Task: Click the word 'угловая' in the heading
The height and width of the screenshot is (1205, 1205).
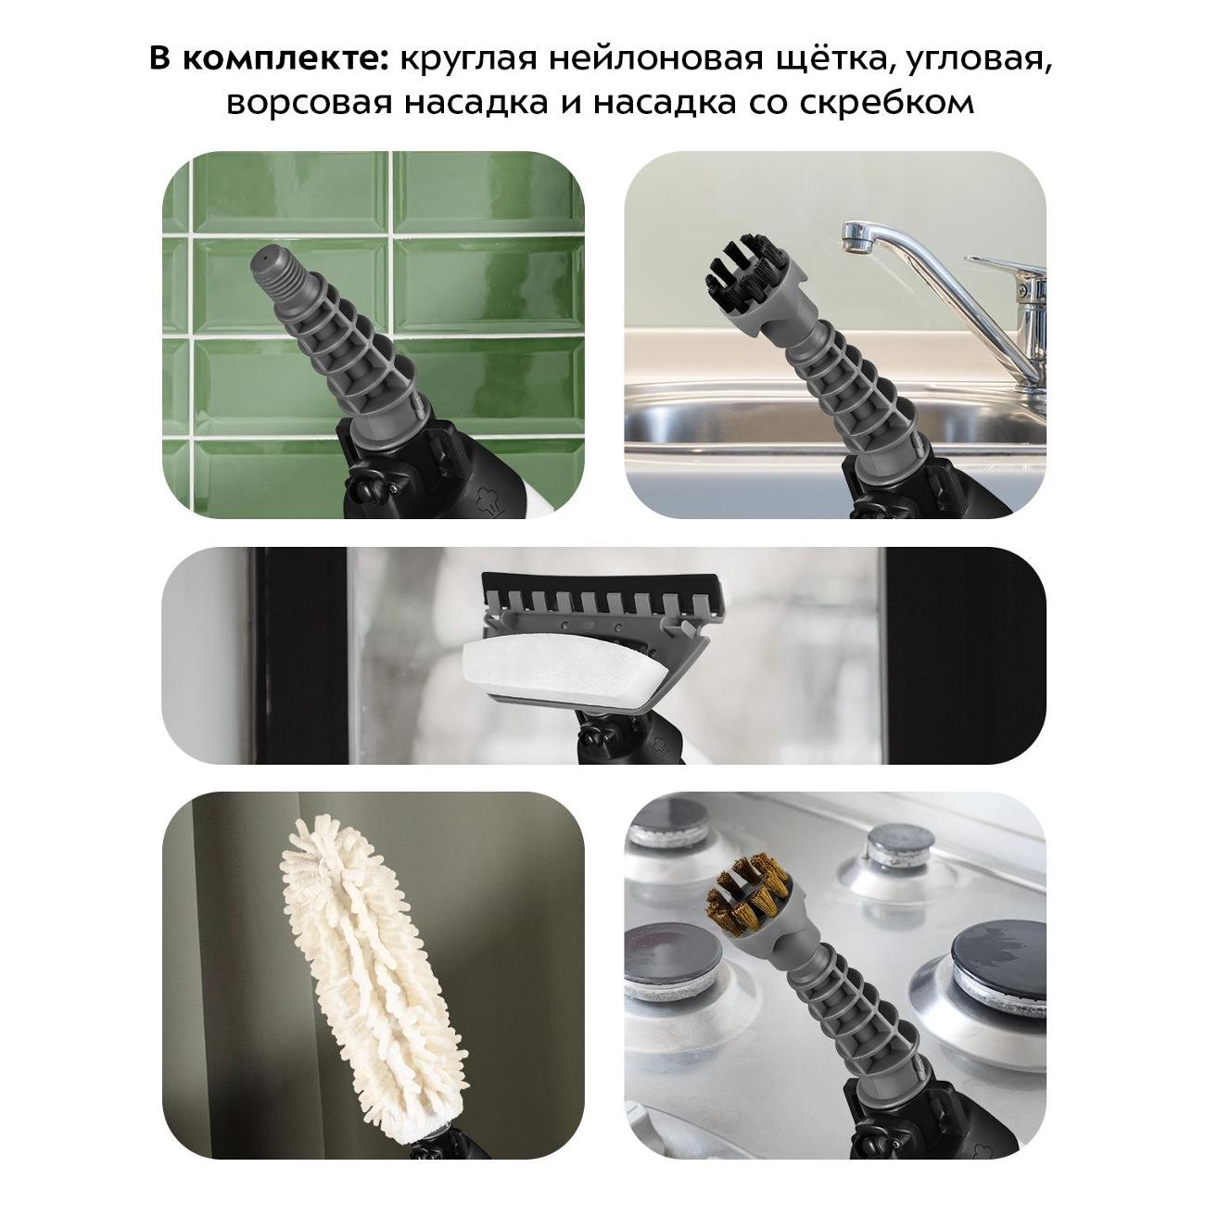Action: pyautogui.click(x=977, y=61)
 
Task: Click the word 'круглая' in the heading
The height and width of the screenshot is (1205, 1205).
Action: pyautogui.click(x=468, y=61)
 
